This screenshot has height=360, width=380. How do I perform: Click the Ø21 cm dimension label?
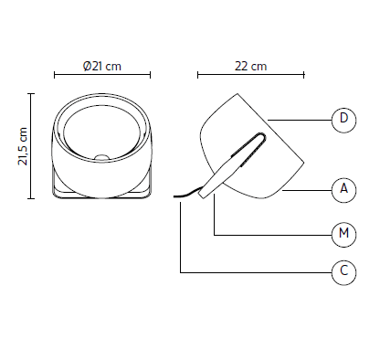pos(101,67)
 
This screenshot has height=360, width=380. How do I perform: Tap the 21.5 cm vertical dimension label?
pos(21,145)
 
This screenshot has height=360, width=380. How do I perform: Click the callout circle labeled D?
pos(343,119)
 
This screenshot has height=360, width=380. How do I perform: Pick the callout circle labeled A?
pos(343,189)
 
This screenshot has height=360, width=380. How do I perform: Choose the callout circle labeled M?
pos(343,235)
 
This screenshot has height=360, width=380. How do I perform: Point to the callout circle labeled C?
pos(343,271)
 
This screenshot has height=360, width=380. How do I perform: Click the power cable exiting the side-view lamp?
pos(189,194)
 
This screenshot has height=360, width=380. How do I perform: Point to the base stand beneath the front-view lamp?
pos(101,191)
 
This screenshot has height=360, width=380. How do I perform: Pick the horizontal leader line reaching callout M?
pos(274,235)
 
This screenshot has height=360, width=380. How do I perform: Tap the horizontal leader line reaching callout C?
pos(256,271)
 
